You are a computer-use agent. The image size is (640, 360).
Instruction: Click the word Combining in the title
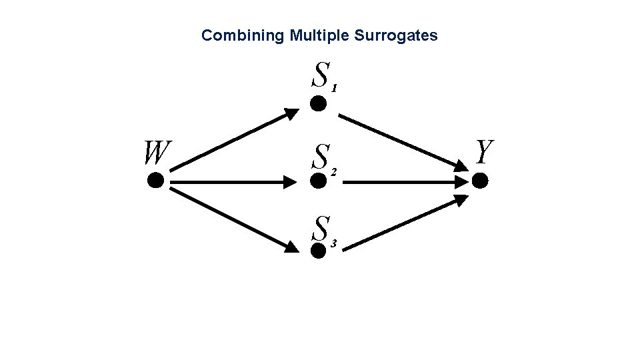coord(243,35)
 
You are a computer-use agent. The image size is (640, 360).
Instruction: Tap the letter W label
coord(156,153)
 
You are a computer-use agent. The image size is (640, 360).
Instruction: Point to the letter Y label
coord(485,152)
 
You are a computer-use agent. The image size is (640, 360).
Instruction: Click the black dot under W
coord(155,180)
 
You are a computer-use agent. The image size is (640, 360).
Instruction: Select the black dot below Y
coord(480,180)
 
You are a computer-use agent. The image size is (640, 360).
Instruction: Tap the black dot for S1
coord(319,103)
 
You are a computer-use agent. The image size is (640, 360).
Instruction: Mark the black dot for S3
coord(319,249)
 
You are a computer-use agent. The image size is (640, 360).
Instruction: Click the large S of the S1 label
coord(321,75)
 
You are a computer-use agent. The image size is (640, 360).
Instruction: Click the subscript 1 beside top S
coord(335,88)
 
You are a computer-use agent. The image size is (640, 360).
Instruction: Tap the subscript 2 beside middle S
coord(334,172)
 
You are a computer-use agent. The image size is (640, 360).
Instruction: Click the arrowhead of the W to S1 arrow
coord(293,113)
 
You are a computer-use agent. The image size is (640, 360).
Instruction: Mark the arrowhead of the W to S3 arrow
coord(292,248)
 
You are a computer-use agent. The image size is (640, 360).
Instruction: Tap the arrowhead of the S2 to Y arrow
coord(463,181)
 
